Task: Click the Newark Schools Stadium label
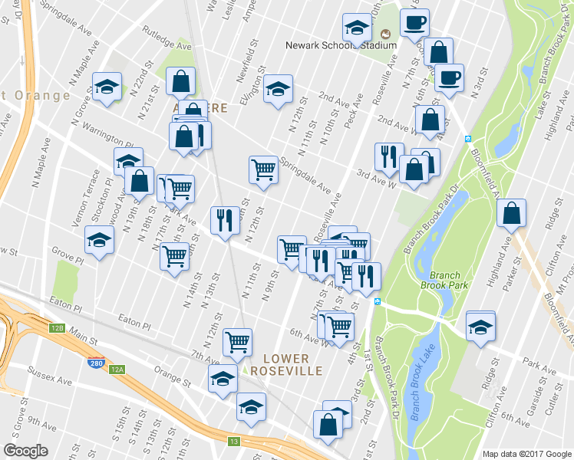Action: point(341,45)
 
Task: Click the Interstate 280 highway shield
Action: point(96,363)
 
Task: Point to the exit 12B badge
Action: point(57,328)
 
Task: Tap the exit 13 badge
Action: point(234,441)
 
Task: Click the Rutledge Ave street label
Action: point(166,46)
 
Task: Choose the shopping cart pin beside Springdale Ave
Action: point(263,169)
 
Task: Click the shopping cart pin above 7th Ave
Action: point(238,342)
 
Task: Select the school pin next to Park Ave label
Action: point(480,327)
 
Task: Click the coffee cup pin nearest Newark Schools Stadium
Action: point(415,24)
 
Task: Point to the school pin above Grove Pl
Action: point(98,242)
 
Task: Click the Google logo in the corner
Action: point(25,451)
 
